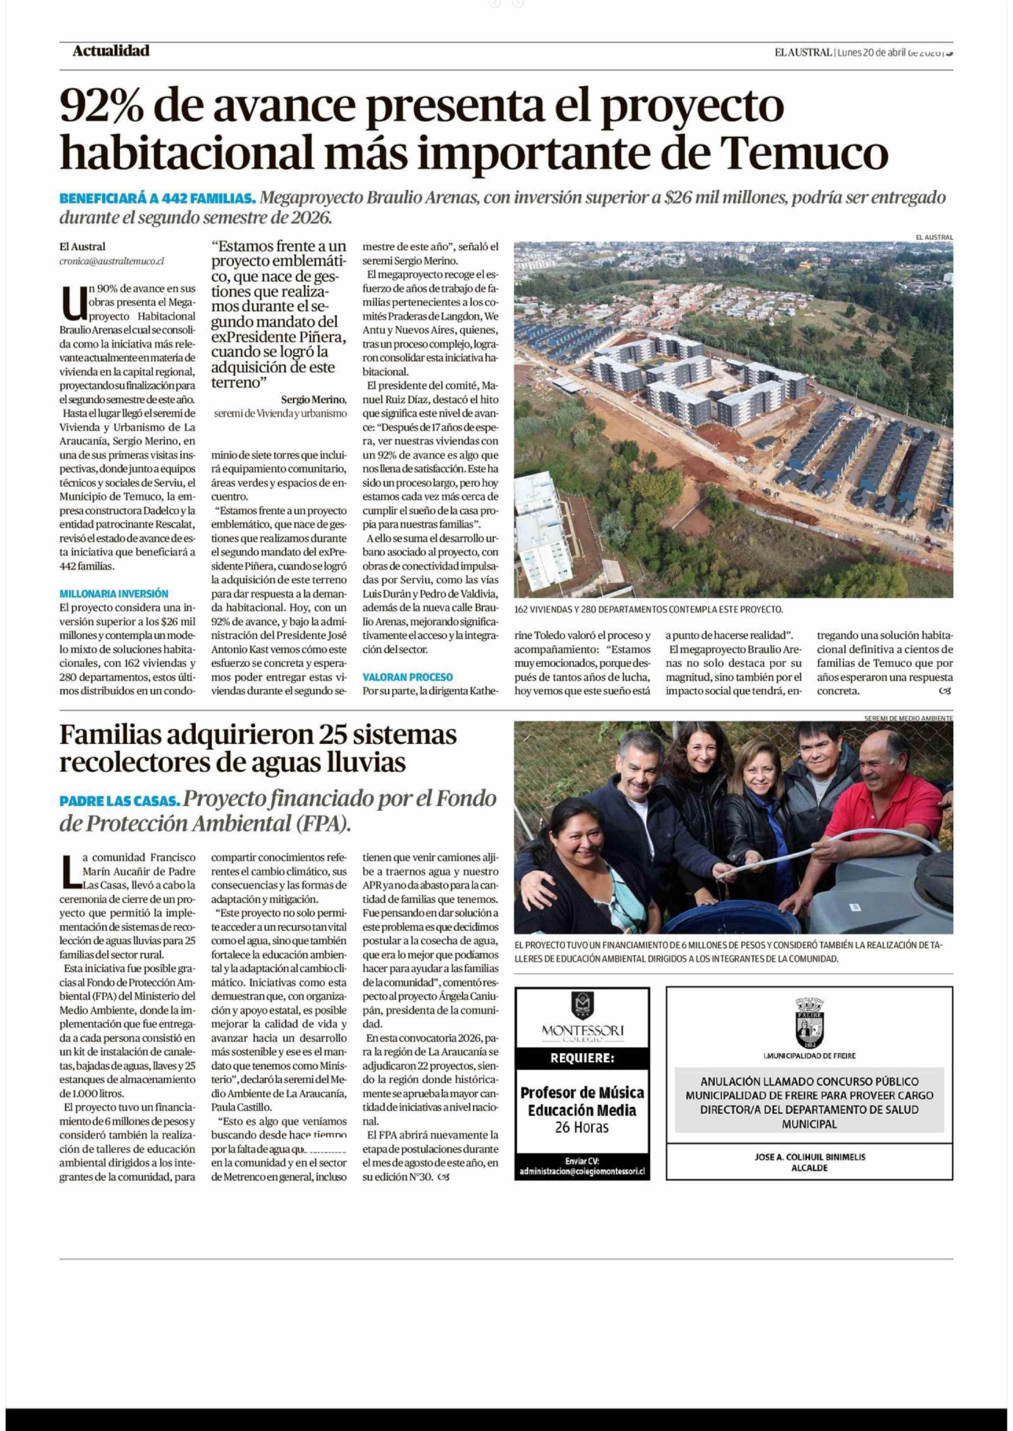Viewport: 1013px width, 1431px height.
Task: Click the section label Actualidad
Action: pyautogui.click(x=110, y=51)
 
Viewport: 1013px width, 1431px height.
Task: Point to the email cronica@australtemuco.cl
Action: pyautogui.click(x=112, y=261)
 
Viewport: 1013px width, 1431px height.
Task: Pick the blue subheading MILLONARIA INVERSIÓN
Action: pyautogui.click(x=113, y=594)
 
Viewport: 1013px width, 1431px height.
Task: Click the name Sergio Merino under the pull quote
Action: pyautogui.click(x=312, y=399)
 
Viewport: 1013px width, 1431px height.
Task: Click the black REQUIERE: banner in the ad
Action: pyautogui.click(x=582, y=1058)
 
